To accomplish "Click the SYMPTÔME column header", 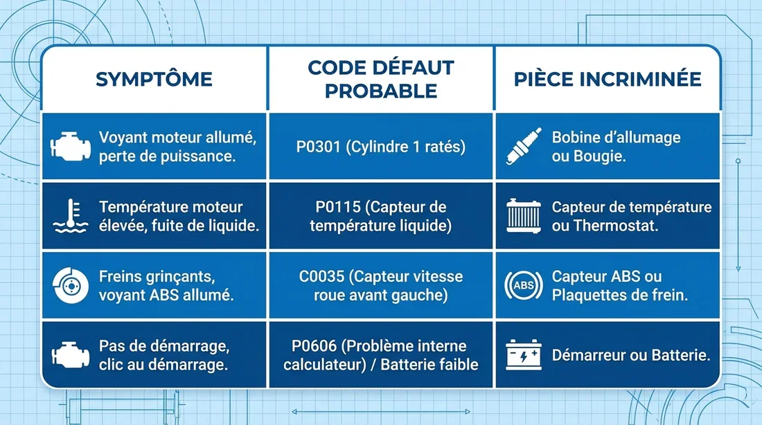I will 153,79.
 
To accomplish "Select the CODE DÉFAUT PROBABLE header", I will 380,79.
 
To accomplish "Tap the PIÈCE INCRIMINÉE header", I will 608,79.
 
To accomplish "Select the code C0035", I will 323,276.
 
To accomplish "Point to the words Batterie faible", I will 429,364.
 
